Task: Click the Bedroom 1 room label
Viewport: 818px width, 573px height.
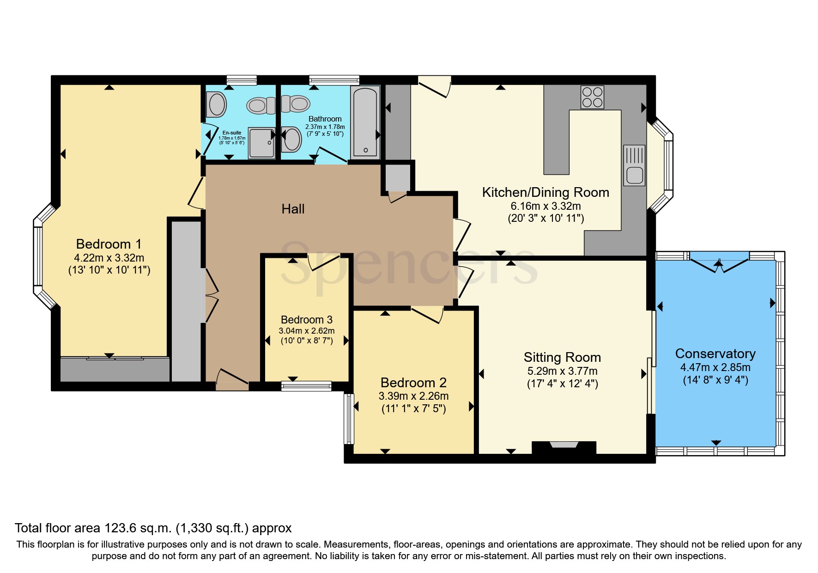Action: pos(109,244)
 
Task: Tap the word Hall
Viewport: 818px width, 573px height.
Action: pos(293,209)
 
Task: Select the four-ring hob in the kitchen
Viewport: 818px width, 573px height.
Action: pos(592,97)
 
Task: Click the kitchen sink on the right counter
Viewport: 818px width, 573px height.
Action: pos(634,165)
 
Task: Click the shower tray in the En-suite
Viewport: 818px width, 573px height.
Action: pos(261,143)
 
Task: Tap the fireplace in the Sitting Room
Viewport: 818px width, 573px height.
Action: pos(564,446)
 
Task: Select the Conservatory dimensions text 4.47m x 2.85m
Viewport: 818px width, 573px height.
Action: pos(715,367)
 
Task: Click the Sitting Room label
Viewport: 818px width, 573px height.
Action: pos(562,357)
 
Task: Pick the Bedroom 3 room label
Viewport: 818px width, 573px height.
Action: pos(307,320)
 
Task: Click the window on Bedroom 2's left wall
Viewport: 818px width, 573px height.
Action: pos(349,418)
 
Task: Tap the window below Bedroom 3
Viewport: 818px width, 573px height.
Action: pos(307,385)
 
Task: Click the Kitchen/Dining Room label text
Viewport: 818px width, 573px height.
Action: pos(545,192)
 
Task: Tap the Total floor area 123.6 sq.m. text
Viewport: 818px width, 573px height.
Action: pos(153,528)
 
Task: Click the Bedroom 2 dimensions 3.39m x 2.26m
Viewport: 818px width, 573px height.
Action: pos(413,396)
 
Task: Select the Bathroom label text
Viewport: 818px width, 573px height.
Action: pos(325,119)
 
